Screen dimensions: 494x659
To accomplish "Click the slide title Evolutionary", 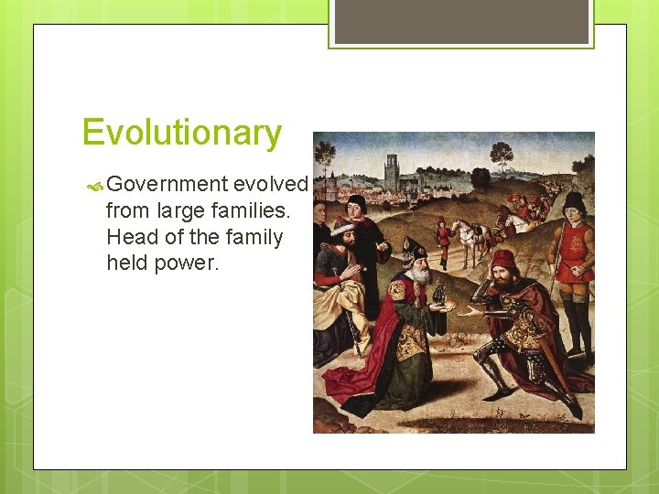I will tap(181, 133).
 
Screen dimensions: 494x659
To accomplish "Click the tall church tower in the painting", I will tap(391, 171).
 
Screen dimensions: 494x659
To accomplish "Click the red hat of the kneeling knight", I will tap(502, 259).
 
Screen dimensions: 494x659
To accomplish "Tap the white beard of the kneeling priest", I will tap(418, 275).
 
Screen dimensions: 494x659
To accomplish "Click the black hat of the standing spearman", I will tap(574, 201).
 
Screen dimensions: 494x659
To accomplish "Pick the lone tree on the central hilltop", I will tap(500, 153).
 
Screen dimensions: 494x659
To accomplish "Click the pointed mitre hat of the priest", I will tap(415, 248).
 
